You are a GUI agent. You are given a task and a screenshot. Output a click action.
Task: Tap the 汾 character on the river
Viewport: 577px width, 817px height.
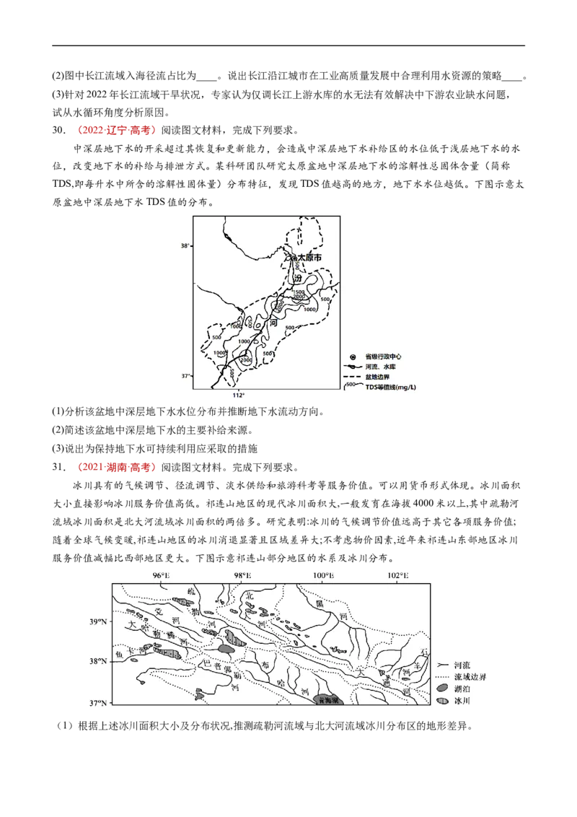[x=297, y=278]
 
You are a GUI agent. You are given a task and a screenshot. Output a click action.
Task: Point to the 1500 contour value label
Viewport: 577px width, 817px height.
[x=298, y=291]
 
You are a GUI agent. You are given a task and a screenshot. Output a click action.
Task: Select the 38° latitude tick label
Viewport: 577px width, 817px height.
[x=185, y=245]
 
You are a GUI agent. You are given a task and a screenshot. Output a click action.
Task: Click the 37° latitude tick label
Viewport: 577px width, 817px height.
[x=185, y=376]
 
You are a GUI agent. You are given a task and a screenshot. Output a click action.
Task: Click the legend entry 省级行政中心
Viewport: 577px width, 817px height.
[x=383, y=357]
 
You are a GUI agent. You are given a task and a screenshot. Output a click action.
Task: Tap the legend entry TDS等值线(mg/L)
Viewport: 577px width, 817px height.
[x=390, y=387]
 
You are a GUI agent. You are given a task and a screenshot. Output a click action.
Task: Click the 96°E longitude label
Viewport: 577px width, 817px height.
[x=160, y=575]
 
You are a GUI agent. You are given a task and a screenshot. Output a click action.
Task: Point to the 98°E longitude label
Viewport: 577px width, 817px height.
[x=243, y=575]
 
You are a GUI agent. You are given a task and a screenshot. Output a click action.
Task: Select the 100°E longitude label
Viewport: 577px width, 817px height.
[x=323, y=575]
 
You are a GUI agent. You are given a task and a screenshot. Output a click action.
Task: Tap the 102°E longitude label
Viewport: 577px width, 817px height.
[x=397, y=575]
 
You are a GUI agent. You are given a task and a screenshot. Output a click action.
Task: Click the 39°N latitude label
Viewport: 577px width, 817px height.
[x=97, y=621]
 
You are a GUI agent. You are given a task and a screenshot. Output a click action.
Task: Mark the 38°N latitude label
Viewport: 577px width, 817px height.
[x=97, y=661]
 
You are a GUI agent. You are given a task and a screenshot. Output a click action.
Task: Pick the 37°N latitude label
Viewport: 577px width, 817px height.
[x=97, y=702]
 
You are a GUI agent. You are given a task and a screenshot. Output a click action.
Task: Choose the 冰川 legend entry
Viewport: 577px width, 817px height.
[x=462, y=700]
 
